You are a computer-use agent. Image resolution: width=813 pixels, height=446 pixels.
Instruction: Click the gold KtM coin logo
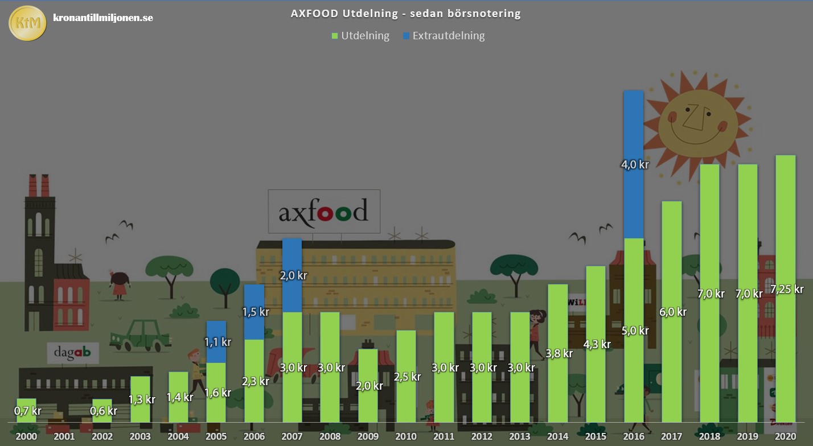27,23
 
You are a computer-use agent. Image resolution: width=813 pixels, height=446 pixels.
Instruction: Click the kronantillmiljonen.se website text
102,18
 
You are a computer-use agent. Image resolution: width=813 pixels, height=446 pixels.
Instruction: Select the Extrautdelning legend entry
444,36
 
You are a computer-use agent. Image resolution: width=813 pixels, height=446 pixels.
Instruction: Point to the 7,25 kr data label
786,289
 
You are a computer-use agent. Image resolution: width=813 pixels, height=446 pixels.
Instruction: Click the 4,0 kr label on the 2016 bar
634,165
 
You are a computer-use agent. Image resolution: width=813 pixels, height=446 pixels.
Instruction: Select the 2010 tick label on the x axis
405,436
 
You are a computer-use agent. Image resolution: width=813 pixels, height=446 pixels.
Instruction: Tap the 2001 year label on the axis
64,436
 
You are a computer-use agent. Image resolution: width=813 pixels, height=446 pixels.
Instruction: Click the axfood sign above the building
324,212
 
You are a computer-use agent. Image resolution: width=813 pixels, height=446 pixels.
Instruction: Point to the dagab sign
72,353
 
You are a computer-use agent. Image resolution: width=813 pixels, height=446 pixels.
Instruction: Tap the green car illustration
140,335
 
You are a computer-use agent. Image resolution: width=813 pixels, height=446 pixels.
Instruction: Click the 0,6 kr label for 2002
104,411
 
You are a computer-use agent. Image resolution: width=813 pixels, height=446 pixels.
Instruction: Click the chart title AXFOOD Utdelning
405,14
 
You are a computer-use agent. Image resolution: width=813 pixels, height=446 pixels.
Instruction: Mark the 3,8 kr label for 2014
559,353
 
